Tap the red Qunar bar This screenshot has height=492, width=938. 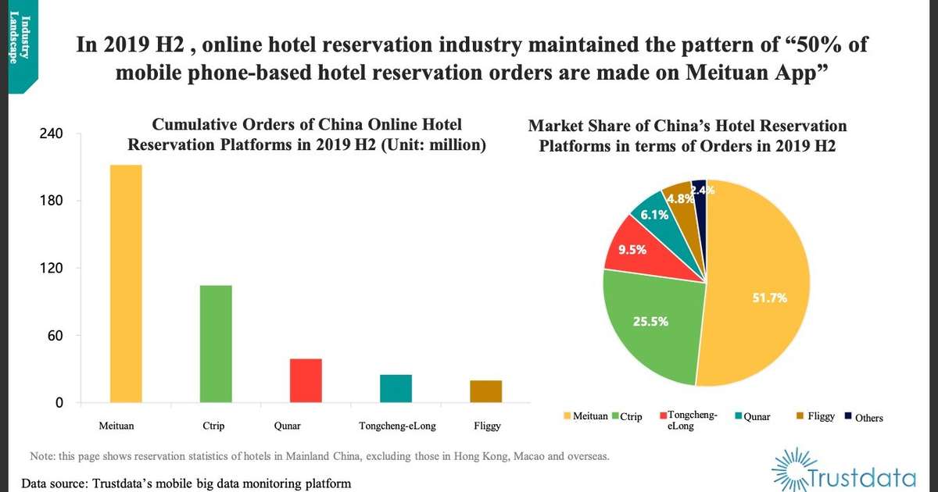click(306, 380)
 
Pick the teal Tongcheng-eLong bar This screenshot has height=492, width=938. click(396, 388)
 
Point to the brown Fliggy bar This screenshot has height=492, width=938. click(485, 391)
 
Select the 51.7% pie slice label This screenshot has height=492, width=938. click(770, 298)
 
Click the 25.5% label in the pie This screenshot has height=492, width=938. click(650, 321)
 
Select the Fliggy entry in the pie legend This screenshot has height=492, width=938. click(821, 416)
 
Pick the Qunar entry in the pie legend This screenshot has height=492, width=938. click(756, 416)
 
